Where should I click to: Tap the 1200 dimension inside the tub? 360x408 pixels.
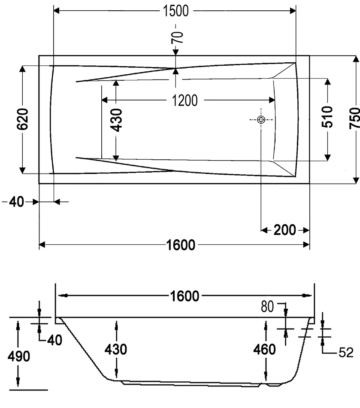click(x=185, y=100)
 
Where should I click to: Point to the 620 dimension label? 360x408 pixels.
click(x=23, y=119)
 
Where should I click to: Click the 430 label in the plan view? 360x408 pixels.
click(x=116, y=120)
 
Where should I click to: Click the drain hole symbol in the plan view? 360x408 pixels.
click(x=261, y=120)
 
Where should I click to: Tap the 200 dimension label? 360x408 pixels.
click(x=285, y=230)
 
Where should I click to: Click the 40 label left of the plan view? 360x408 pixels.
click(x=16, y=202)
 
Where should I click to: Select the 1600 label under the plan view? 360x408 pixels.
click(x=180, y=245)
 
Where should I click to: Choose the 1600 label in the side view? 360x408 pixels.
click(x=185, y=296)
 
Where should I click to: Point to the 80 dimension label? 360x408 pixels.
click(x=267, y=307)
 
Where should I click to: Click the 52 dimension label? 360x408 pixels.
click(x=346, y=353)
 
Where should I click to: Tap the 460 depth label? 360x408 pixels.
click(x=264, y=350)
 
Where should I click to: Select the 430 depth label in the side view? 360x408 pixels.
click(x=116, y=350)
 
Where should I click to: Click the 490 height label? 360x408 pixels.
click(x=18, y=356)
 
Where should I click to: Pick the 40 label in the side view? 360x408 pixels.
click(x=54, y=340)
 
